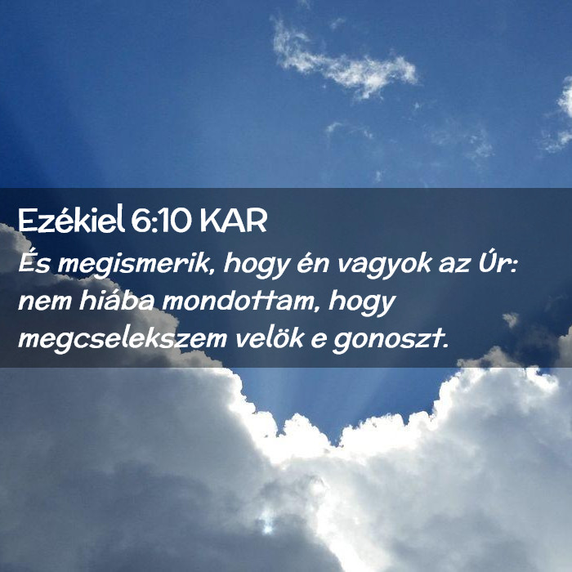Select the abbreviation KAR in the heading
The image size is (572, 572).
[x=234, y=221]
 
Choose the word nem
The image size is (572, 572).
[x=45, y=303]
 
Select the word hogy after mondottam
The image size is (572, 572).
[x=361, y=303]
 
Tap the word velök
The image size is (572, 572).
[x=270, y=337]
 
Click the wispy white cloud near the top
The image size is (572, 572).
[x=344, y=61]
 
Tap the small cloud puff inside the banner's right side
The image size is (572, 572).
[x=511, y=320]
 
